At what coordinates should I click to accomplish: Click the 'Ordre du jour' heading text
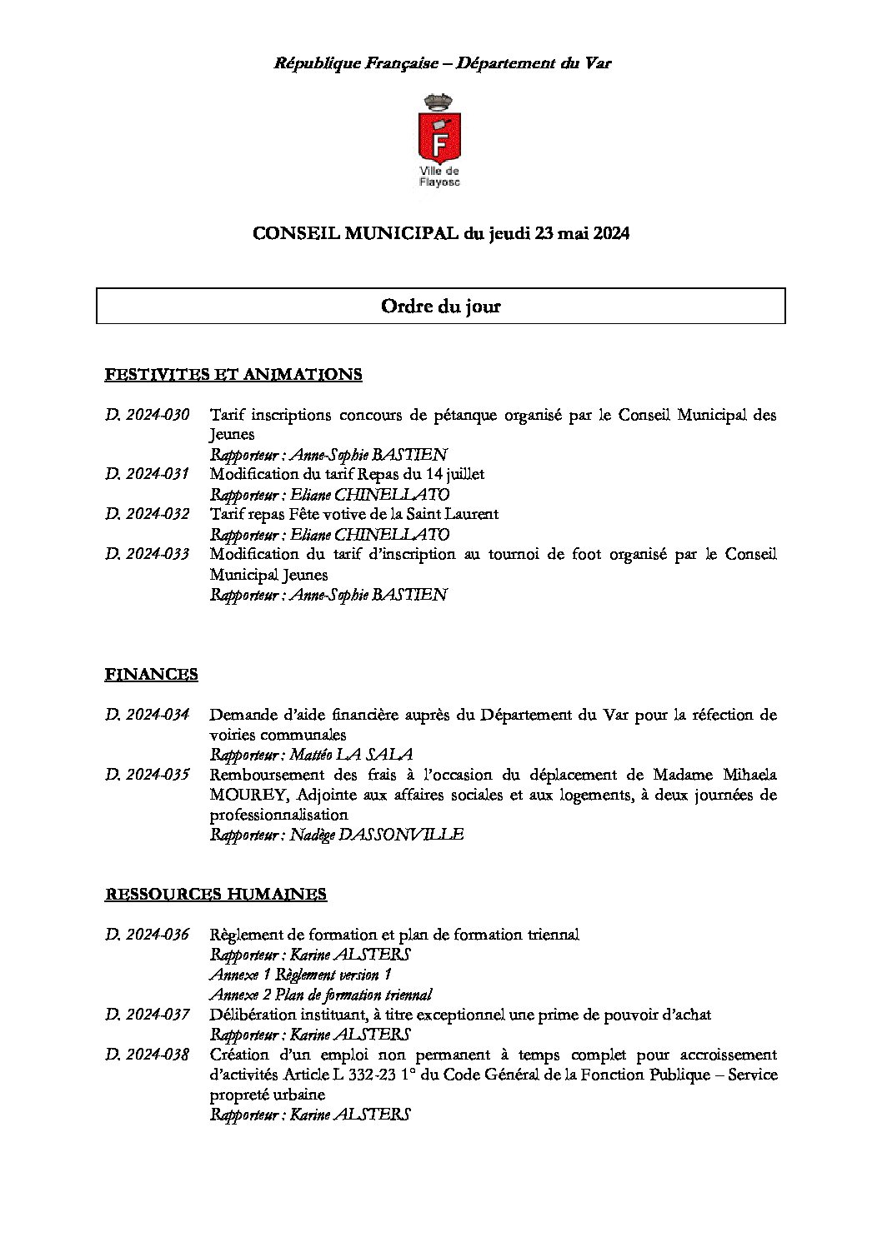(x=440, y=307)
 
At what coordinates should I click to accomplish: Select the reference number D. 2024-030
(x=148, y=415)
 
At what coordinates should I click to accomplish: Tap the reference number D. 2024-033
(x=148, y=555)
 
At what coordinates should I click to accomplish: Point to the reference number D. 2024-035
(x=148, y=775)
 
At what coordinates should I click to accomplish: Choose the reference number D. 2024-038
(x=148, y=1055)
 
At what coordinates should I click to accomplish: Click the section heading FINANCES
(x=151, y=675)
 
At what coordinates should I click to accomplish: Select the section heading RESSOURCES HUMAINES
(x=215, y=895)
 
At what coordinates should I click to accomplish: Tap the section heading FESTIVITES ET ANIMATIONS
(x=233, y=375)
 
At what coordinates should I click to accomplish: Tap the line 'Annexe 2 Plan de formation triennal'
(x=320, y=995)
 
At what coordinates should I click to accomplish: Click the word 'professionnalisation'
(x=278, y=815)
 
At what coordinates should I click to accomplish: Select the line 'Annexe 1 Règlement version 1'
(x=300, y=975)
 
